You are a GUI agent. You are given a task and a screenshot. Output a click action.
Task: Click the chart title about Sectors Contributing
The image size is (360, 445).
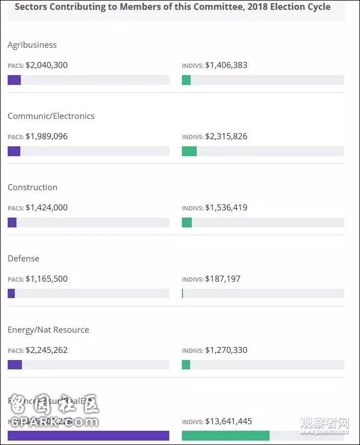(x=172, y=7)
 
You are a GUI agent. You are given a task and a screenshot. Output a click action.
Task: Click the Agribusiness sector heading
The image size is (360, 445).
(x=32, y=45)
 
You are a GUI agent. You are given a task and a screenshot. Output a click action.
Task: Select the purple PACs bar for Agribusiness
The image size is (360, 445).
(x=14, y=80)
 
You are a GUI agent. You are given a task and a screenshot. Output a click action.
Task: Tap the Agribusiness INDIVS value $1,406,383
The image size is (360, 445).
(x=226, y=65)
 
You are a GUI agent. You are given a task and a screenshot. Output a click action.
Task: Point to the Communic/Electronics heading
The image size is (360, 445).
(x=51, y=116)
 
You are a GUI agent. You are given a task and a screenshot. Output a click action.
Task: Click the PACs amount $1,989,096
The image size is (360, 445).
(x=47, y=136)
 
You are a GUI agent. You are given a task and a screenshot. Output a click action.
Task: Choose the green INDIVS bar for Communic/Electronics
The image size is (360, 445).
(x=189, y=151)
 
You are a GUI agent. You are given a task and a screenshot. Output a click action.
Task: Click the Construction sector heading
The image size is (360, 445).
(x=32, y=187)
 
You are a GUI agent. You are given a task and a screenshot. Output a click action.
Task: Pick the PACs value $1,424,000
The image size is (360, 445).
(x=47, y=208)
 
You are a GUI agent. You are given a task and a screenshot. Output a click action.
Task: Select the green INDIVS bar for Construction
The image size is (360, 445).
(x=187, y=222)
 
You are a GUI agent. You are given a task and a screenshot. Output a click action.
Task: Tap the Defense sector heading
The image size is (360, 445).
(x=24, y=259)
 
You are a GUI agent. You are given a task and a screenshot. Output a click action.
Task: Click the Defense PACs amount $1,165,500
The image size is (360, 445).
(x=47, y=279)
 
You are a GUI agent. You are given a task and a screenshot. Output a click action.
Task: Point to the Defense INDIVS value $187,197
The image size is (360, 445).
(x=222, y=279)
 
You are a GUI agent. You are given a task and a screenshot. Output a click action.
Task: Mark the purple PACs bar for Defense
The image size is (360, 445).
(x=11, y=294)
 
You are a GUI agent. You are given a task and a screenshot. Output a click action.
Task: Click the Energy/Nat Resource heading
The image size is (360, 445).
(x=48, y=330)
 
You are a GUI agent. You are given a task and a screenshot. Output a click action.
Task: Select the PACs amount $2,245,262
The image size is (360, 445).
(x=47, y=350)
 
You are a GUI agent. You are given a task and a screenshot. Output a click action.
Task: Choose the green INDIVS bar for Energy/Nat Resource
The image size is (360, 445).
(x=186, y=365)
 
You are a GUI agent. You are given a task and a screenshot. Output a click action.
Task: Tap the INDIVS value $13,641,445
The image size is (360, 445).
(x=228, y=421)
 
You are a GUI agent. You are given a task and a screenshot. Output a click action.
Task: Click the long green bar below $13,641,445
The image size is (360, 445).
(x=226, y=436)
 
